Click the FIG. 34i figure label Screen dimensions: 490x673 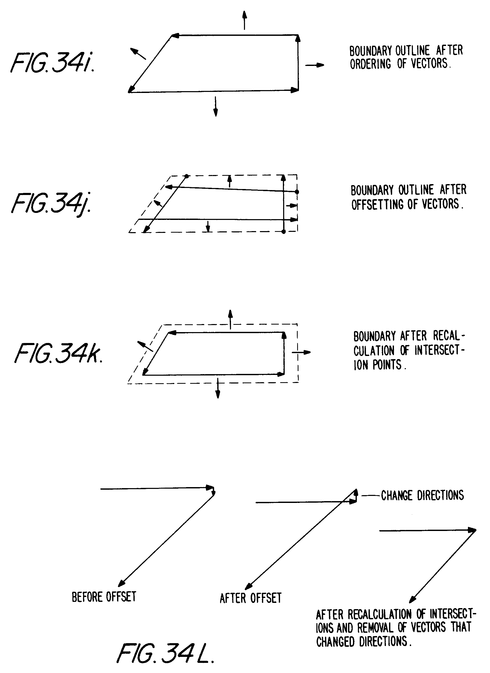pyautogui.click(x=53, y=63)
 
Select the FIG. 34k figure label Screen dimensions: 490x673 pyautogui.click(x=58, y=353)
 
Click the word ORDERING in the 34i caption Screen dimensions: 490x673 pyautogui.click(x=370, y=64)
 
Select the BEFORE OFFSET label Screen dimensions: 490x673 pyautogui.click(x=104, y=597)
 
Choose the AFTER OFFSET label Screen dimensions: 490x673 pyautogui.click(x=251, y=598)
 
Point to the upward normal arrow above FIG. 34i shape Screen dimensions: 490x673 pyautogui.click(x=244, y=20)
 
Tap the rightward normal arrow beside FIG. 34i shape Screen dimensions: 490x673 pyautogui.click(x=315, y=65)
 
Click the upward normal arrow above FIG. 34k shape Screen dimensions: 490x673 pyautogui.click(x=230, y=319)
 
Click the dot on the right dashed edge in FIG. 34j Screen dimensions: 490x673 pyautogui.click(x=297, y=192)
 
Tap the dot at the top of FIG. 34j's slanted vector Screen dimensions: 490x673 pyautogui.click(x=187, y=176)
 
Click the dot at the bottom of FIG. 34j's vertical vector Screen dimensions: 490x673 pyautogui.click(x=284, y=232)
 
